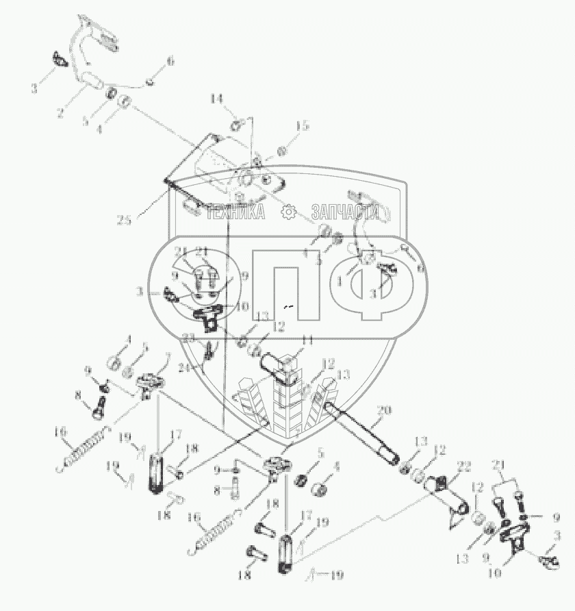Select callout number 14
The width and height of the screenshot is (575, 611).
coord(217,99)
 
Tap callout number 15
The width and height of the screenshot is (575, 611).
coord(303,126)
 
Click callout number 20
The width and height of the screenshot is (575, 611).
coord(385,410)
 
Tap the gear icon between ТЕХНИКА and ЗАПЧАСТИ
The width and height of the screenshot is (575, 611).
coord(288,212)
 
